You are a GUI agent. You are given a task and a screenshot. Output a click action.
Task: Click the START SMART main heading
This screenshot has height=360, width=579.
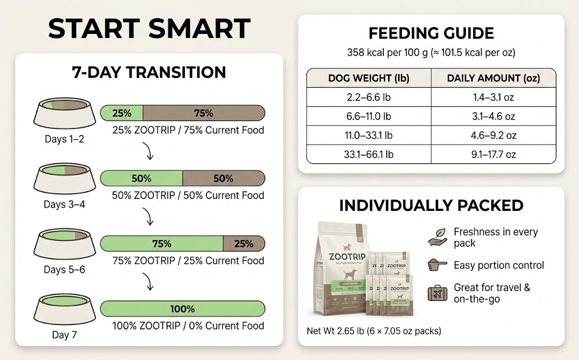(149, 28)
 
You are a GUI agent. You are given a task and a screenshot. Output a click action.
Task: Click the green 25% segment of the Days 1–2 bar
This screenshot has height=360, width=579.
(122, 113)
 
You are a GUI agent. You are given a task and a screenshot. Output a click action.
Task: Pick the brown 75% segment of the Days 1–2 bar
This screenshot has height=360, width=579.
(204, 113)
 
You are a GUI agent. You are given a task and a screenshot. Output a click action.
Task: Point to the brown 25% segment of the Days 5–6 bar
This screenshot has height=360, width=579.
(244, 244)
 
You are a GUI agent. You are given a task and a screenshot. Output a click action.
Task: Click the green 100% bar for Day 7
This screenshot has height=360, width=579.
(182, 309)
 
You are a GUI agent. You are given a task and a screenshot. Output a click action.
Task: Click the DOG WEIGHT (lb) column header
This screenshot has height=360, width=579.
(368, 78)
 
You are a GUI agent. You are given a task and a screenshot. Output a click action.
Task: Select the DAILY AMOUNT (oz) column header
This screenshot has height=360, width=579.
(493, 78)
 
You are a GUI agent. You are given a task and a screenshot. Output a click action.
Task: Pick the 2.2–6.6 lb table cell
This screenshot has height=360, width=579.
(368, 97)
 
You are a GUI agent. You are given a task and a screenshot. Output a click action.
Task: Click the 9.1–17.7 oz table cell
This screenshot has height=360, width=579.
(493, 154)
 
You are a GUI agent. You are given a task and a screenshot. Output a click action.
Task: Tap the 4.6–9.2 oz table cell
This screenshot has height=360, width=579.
(493, 135)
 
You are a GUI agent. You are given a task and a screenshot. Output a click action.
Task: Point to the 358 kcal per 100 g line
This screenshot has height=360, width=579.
(431, 53)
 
